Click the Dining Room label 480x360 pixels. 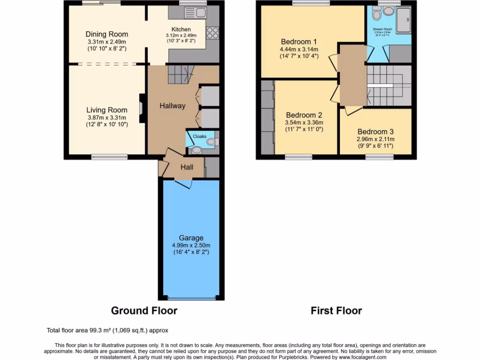click(x=106, y=34)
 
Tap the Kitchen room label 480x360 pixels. click(x=181, y=30)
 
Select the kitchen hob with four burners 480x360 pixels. click(x=212, y=32)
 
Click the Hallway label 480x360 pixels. click(x=172, y=106)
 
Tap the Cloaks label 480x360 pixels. click(x=200, y=136)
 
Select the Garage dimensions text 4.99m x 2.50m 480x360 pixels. click(x=191, y=245)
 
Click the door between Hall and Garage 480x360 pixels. click(x=183, y=185)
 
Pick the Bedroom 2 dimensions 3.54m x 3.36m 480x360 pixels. click(x=304, y=123)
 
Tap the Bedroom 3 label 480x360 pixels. click(x=375, y=132)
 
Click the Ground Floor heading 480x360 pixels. click(x=144, y=310)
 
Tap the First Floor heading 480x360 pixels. click(x=336, y=310)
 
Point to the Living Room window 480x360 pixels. click(x=109, y=157)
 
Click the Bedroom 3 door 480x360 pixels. click(x=353, y=111)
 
